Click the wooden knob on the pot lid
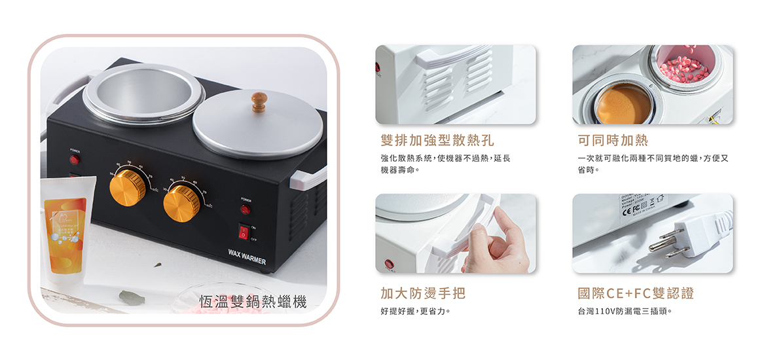(x=260, y=101)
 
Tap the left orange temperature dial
(x=127, y=188)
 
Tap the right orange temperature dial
(x=181, y=202)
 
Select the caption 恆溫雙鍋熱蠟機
(x=253, y=302)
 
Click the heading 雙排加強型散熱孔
(x=437, y=140)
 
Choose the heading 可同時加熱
(x=613, y=140)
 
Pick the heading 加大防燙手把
(x=423, y=293)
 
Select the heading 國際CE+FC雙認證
(x=635, y=293)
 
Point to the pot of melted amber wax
(x=623, y=104)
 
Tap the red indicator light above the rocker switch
(x=244, y=209)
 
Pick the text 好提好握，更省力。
(x=414, y=311)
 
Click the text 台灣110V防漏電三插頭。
(x=625, y=311)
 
